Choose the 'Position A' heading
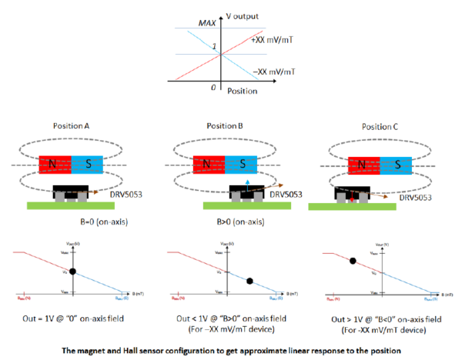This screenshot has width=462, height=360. point(75,126)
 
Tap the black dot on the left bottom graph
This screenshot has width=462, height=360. point(72,272)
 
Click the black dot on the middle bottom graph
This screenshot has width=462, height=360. point(249,282)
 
